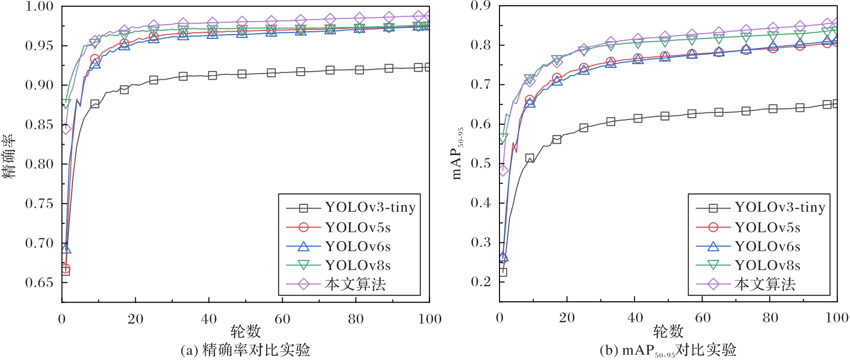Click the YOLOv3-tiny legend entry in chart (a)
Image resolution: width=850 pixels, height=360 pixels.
(x=370, y=208)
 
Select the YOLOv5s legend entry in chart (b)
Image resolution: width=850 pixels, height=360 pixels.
(x=767, y=228)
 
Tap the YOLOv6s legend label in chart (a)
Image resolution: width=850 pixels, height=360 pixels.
(x=358, y=247)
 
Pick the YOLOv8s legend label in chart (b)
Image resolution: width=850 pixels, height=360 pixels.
(x=767, y=265)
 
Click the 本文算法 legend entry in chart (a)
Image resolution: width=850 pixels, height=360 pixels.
(x=355, y=284)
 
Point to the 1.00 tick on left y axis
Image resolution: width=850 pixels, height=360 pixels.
(x=39, y=7)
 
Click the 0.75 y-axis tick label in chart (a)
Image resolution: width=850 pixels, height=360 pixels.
(x=39, y=203)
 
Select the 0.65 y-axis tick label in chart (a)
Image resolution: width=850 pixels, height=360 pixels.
(x=39, y=283)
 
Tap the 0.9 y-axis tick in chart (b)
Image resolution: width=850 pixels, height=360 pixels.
(x=481, y=6)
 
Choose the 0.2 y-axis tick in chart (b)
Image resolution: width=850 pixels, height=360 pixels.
(x=481, y=282)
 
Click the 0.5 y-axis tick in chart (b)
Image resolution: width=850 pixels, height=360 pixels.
(x=481, y=164)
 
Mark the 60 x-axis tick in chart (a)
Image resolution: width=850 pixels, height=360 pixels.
(x=282, y=319)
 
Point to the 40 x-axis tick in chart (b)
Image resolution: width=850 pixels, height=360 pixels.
(x=635, y=318)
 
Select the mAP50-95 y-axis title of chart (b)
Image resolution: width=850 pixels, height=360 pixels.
(x=457, y=153)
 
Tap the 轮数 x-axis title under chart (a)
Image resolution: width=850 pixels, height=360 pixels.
(x=245, y=331)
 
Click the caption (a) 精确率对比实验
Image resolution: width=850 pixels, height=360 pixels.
(x=245, y=350)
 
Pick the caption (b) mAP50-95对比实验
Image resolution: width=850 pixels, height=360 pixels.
(x=668, y=351)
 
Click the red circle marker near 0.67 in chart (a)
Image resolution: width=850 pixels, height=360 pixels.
(x=65, y=268)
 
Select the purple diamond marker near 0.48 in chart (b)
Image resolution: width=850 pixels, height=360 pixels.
(x=503, y=170)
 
